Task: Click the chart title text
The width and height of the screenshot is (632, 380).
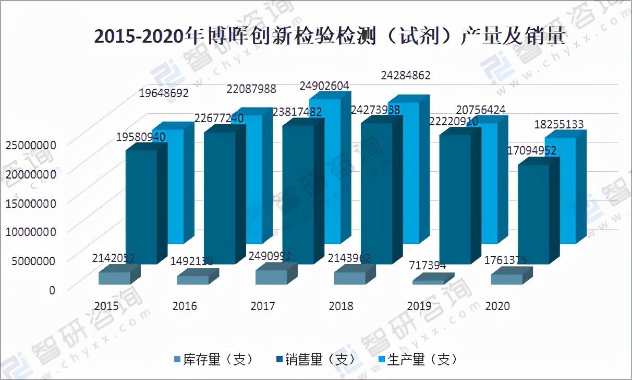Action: [x=329, y=37]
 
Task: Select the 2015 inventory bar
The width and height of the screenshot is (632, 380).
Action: [x=114, y=278]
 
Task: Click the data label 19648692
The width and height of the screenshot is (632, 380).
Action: [x=164, y=94]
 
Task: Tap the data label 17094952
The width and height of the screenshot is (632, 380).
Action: [x=531, y=151]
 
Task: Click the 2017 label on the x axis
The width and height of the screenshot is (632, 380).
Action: [x=263, y=306]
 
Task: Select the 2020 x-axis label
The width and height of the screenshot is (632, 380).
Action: [x=497, y=306]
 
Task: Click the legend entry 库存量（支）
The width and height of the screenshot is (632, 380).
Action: [x=214, y=360]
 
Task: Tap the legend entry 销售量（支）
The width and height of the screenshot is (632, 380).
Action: [x=316, y=360]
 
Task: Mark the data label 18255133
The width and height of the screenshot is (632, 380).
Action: [x=560, y=125]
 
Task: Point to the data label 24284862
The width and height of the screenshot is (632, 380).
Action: [x=406, y=76]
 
